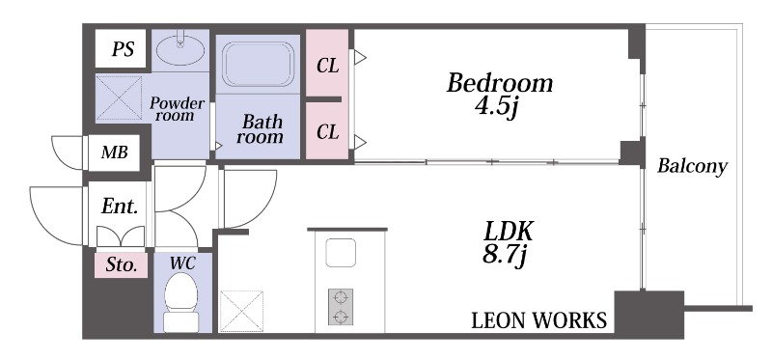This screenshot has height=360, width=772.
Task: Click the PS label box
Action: (x=121, y=48)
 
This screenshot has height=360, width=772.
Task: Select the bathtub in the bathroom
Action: (x=258, y=64)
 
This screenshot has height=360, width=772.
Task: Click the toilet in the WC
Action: (x=181, y=302)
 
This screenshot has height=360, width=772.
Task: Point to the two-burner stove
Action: (x=341, y=306)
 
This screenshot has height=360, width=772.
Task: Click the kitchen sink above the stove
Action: (x=341, y=253)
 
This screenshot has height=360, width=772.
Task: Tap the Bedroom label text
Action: (x=500, y=83)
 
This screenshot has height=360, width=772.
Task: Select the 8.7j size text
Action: (x=505, y=256)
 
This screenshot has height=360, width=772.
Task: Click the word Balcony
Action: (x=692, y=166)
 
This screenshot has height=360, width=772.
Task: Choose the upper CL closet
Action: (x=327, y=63)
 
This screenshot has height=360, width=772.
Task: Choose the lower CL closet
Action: (x=327, y=131)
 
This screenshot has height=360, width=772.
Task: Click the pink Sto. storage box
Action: (x=122, y=265)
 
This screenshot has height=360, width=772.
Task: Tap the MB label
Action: (x=114, y=152)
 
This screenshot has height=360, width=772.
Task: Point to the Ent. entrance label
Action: (x=119, y=207)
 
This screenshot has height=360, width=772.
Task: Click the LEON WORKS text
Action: (x=539, y=320)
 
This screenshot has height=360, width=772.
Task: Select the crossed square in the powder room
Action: (x=119, y=98)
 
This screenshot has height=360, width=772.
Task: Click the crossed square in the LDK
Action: (x=241, y=311)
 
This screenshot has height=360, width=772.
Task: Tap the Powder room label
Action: (x=177, y=109)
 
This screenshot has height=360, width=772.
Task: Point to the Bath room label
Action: (x=260, y=129)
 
